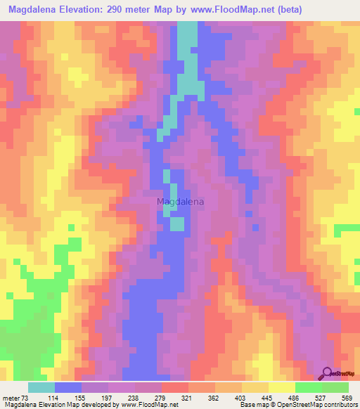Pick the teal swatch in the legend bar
[x=41, y=387]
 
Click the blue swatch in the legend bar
[x=67, y=387]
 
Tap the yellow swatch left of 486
[x=281, y=387]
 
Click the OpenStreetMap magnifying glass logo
[x=328, y=372]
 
